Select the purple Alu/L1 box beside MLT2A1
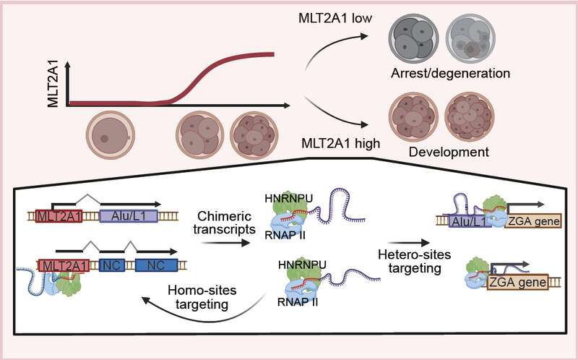[129, 215]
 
